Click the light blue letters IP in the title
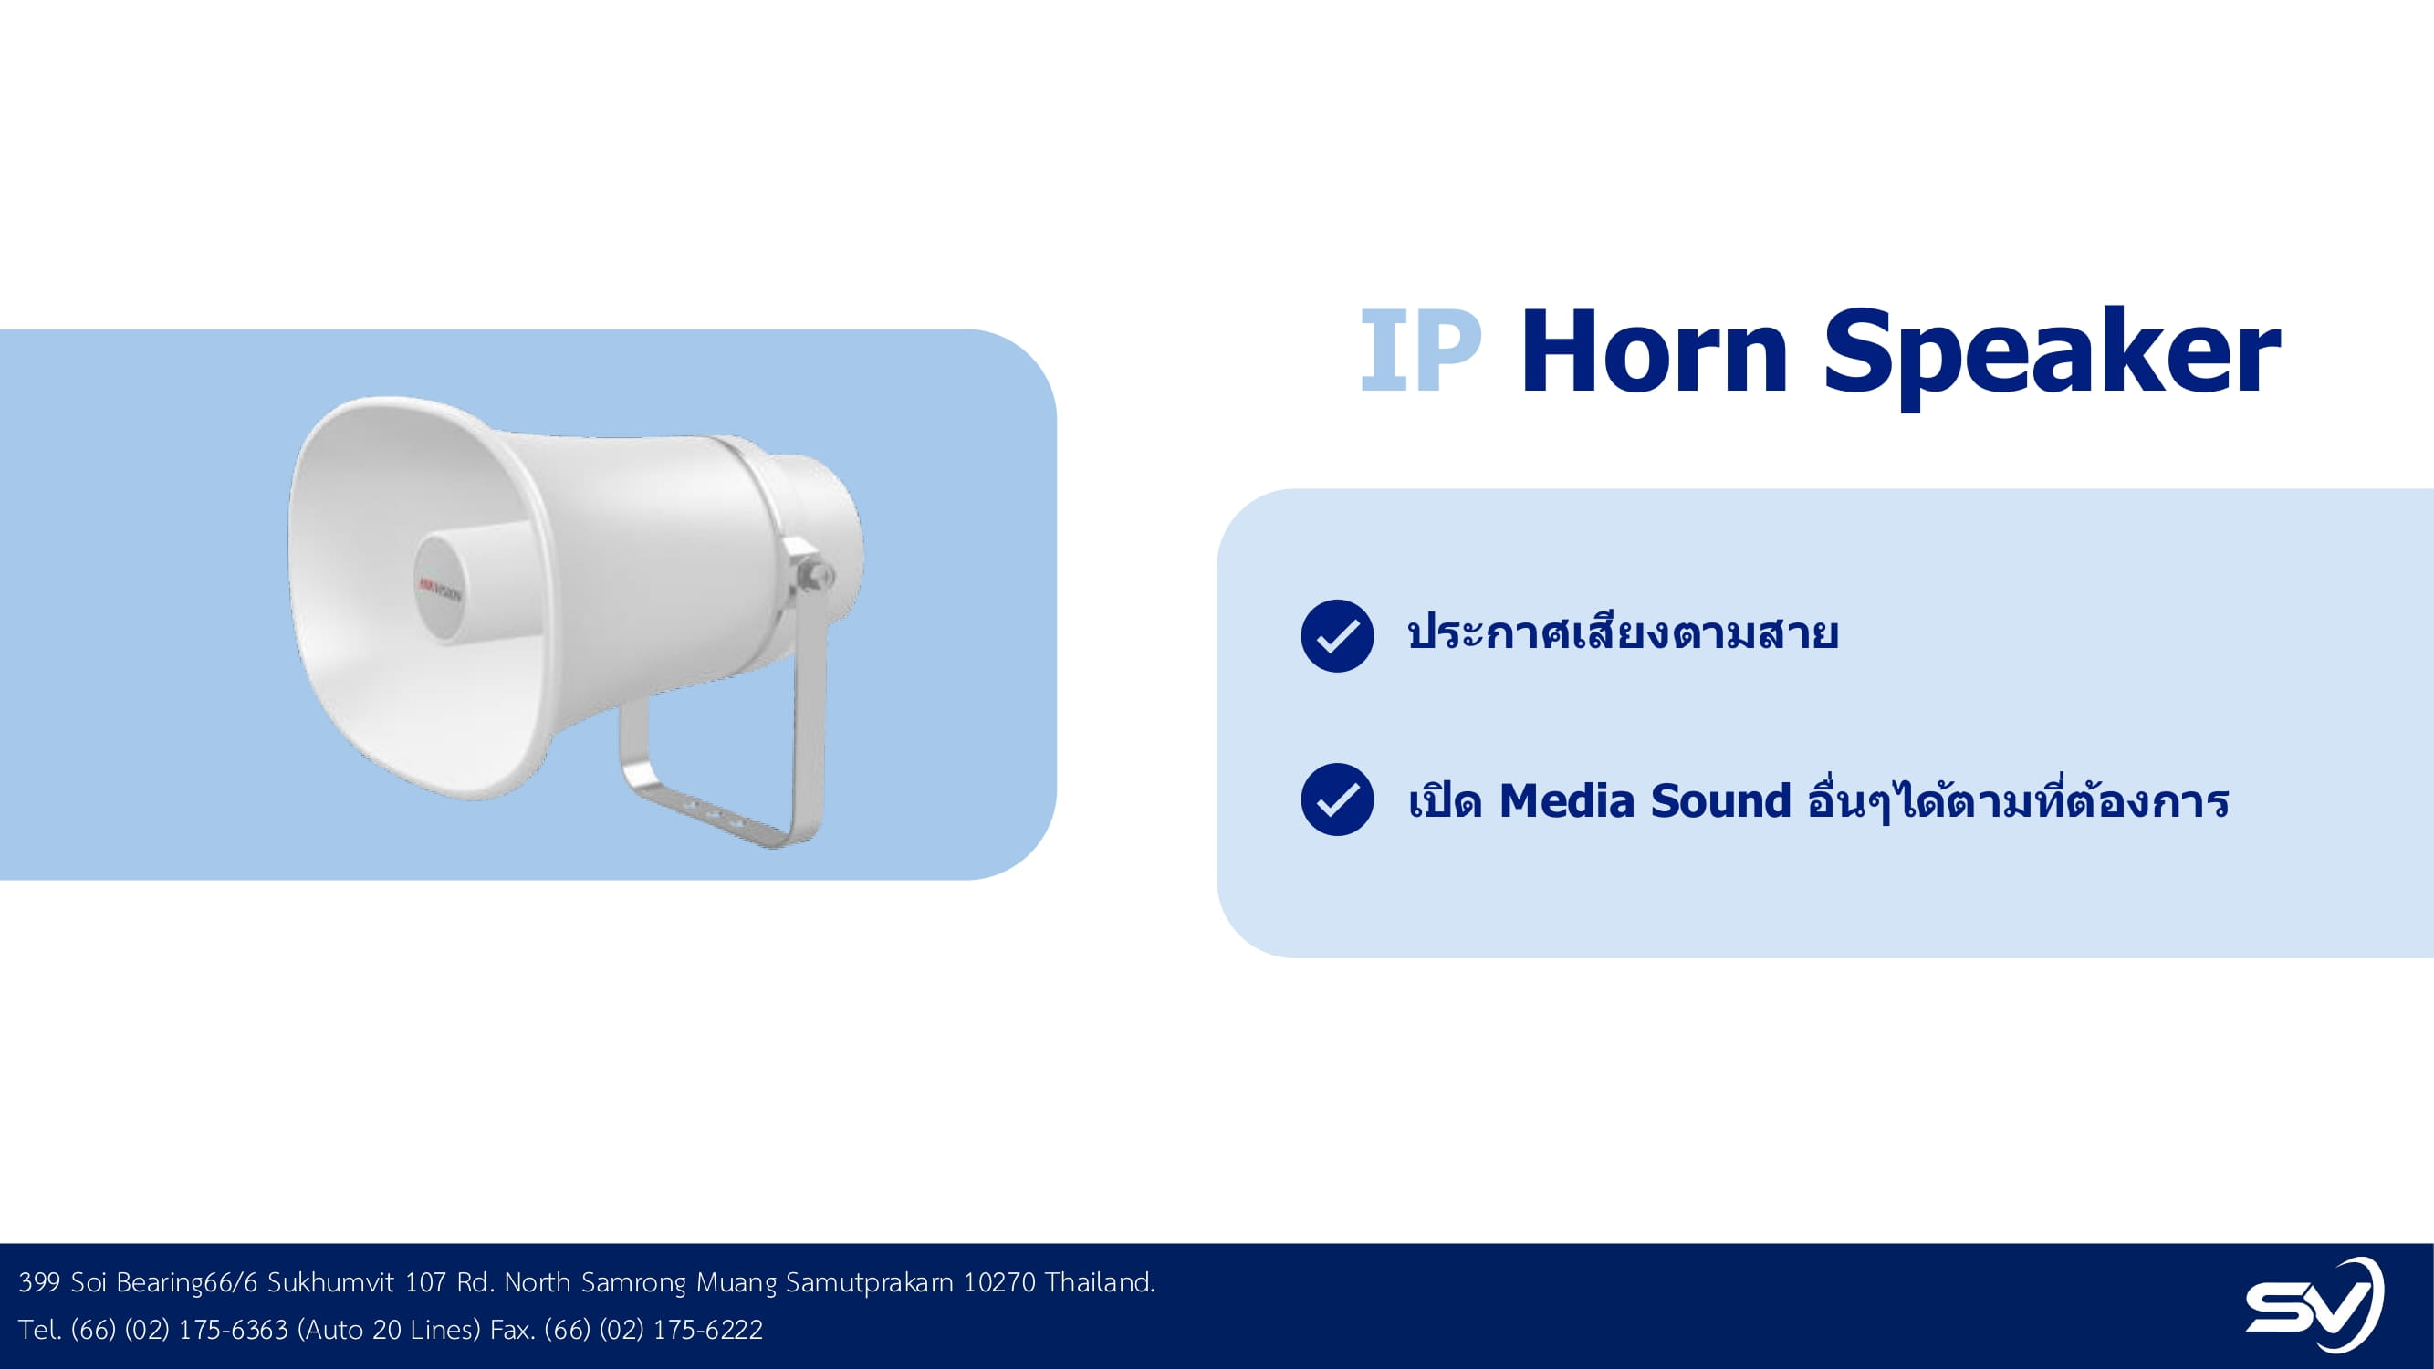click(x=1420, y=350)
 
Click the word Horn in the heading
click(x=1654, y=350)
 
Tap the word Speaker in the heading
click(x=2052, y=358)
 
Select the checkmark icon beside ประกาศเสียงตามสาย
click(x=1337, y=636)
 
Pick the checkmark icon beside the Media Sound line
click(x=1337, y=799)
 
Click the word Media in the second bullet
click(x=1567, y=801)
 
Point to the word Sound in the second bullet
click(x=1720, y=801)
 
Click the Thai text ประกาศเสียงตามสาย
click(x=1623, y=632)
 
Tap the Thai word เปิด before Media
click(x=1444, y=799)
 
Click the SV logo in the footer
click(x=2314, y=1305)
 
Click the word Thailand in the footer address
click(x=1100, y=1282)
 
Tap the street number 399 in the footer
click(x=39, y=1282)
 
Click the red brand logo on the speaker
click(x=440, y=590)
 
